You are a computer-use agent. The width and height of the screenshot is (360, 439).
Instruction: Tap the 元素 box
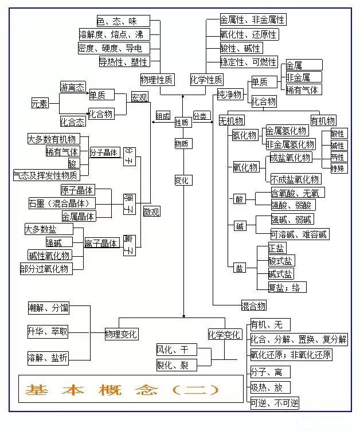[x=40, y=103]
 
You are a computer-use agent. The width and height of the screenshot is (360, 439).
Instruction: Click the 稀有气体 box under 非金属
[x=303, y=89]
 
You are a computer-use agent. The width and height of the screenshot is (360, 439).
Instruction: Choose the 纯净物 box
[x=229, y=94]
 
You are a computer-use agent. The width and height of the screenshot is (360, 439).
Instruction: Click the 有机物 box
[x=323, y=121]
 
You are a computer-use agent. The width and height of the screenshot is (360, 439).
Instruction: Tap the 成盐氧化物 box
[x=291, y=158]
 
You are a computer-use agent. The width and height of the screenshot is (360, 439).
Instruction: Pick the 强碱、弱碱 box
[x=292, y=219]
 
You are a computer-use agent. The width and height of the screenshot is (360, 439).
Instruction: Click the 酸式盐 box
[x=281, y=261]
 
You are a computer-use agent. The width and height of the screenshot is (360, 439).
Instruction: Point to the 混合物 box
[x=253, y=305]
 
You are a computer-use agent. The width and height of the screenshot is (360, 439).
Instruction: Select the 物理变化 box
[x=121, y=334]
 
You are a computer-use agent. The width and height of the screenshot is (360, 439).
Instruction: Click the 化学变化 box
[x=224, y=334]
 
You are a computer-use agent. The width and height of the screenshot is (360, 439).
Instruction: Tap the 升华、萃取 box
[x=48, y=331]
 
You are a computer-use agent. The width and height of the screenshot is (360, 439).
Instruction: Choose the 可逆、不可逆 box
[x=274, y=403]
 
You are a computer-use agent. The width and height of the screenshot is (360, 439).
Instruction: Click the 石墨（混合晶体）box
[x=61, y=203]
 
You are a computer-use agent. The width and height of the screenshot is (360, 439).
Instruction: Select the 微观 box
[x=151, y=212]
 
